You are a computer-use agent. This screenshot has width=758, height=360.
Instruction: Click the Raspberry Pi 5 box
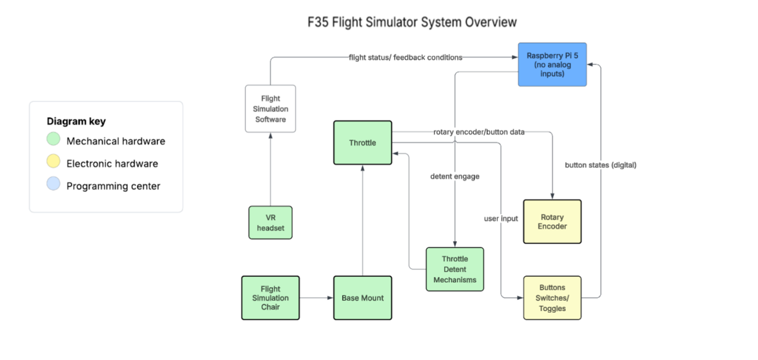552,64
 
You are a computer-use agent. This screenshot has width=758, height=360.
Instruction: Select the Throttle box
362,142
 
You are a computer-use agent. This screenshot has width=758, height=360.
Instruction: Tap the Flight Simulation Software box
270,109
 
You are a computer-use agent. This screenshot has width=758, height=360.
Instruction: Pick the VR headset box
270,222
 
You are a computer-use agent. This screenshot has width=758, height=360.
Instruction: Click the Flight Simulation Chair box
270,298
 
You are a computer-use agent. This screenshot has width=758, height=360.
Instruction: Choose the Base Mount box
362,298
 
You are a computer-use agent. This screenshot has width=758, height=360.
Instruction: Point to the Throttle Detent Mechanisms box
454,269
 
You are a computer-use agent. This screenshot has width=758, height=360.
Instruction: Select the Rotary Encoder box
552,221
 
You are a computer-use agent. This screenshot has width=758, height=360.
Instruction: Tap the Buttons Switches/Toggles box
552,298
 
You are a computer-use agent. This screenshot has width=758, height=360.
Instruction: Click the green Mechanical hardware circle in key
53,139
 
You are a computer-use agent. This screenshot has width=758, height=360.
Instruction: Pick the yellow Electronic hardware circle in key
53,161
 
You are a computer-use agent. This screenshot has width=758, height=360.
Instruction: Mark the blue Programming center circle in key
53,184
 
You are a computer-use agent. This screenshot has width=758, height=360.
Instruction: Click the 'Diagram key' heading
76,121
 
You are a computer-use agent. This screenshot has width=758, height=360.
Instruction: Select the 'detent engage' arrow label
454,176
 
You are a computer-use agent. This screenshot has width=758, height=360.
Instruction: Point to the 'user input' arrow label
501,219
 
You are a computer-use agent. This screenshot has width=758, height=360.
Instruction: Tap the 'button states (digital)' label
601,165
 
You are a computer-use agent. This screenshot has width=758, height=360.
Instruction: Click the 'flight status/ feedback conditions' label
405,57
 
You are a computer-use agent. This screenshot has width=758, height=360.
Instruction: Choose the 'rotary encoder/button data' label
479,132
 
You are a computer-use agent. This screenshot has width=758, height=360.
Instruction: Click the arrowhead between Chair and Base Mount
331,298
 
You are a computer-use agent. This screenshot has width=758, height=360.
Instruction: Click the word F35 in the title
318,22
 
